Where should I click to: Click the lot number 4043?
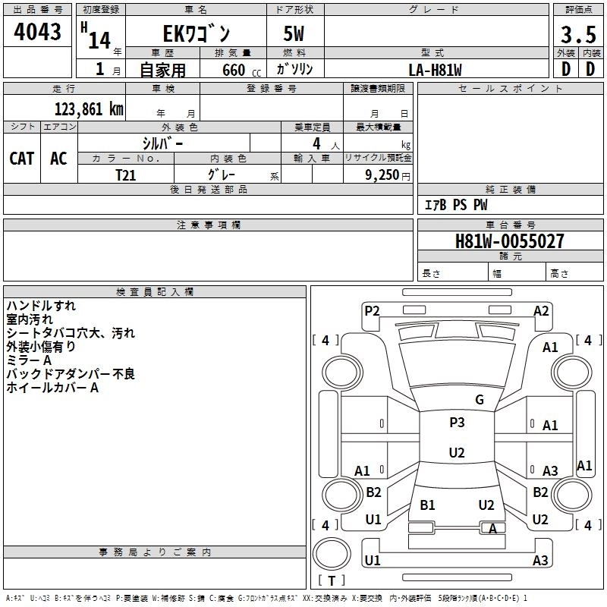[37, 33]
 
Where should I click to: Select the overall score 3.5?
[577, 35]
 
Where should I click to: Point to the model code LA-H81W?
[435, 70]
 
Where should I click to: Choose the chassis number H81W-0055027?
[509, 241]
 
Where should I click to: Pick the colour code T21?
[126, 175]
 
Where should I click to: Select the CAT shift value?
[21, 158]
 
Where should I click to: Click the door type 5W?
[295, 34]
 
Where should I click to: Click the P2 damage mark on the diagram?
[372, 310]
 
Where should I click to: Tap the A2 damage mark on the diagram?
[541, 310]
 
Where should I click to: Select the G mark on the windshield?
[479, 400]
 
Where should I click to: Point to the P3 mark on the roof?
[457, 423]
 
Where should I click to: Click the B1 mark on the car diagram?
[427, 505]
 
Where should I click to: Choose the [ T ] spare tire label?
[331, 580]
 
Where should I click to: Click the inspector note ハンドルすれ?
[40, 306]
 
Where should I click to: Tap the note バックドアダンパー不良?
[71, 374]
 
